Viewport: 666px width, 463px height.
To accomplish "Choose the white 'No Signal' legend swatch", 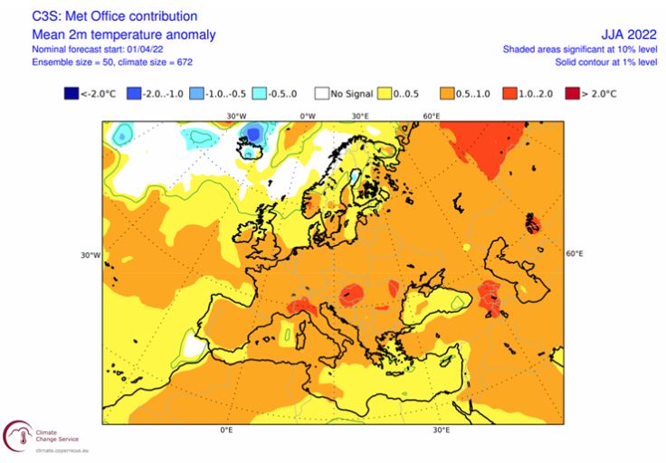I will click(x=322, y=92).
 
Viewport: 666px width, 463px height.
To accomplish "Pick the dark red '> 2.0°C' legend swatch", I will click(x=571, y=92).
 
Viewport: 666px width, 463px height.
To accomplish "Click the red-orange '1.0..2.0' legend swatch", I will click(x=510, y=92).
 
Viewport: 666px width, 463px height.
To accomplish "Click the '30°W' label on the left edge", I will click(x=90, y=254).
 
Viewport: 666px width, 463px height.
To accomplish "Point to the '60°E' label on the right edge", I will click(x=575, y=254).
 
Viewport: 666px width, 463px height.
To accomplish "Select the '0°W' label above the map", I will click(x=308, y=116).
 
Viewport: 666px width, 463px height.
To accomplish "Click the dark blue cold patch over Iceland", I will click(x=254, y=135).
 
